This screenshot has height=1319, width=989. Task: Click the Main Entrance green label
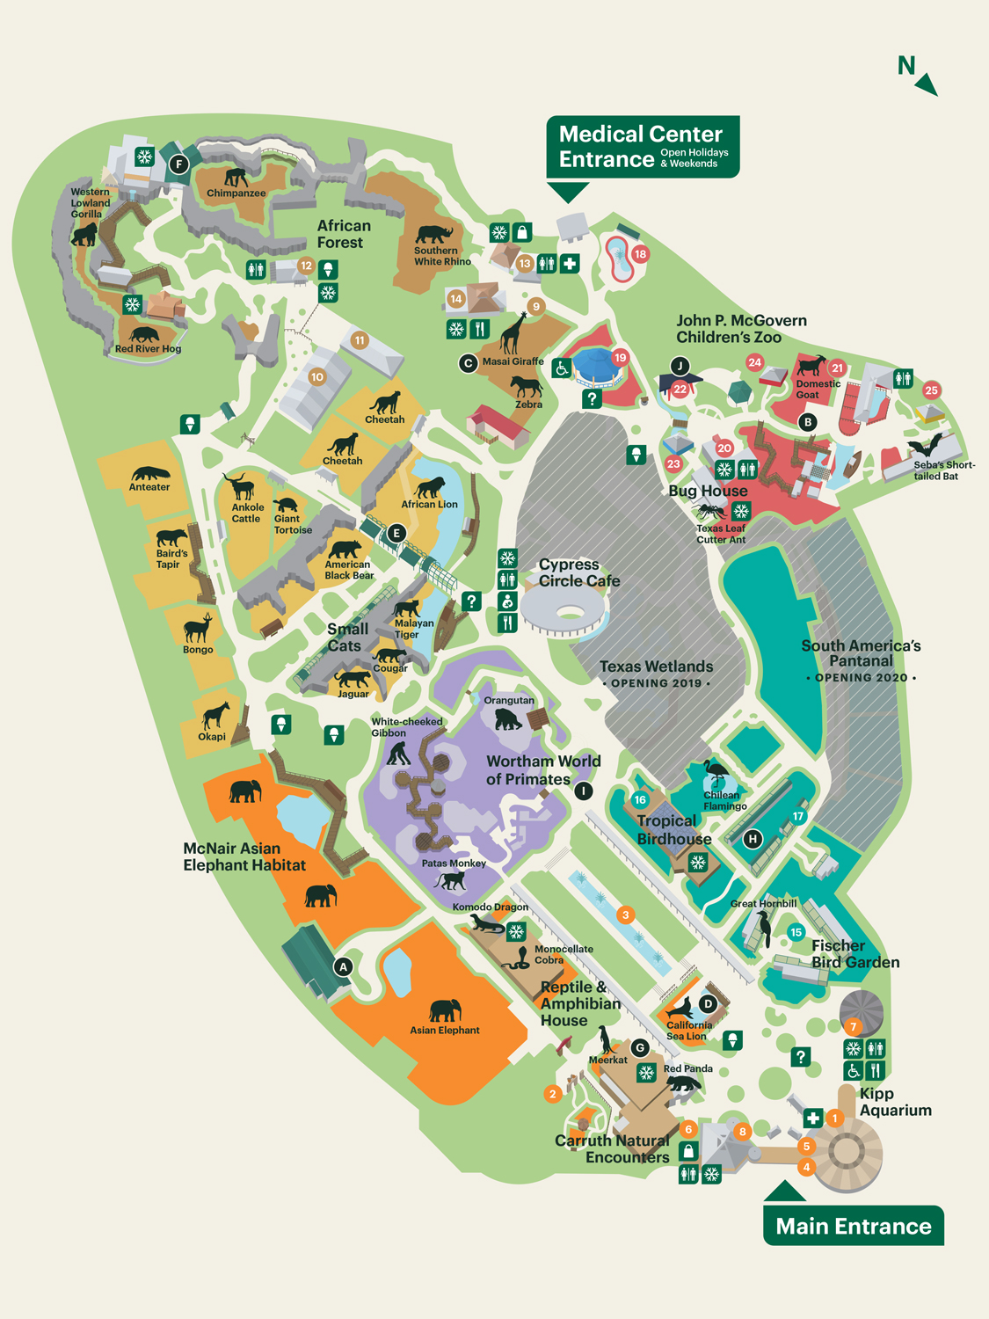pyautogui.click(x=853, y=1226)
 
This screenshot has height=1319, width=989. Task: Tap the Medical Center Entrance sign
pyautogui.click(x=643, y=147)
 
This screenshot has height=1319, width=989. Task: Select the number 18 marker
pyautogui.click(x=640, y=254)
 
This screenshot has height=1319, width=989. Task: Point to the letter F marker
pyautogui.click(x=179, y=164)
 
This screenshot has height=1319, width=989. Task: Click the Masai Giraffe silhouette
pyautogui.click(x=513, y=332)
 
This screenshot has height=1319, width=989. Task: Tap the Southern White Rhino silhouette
pyautogui.click(x=433, y=234)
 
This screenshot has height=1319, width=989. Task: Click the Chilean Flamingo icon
pyautogui.click(x=716, y=774)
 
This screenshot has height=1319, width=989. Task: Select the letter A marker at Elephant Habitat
pyautogui.click(x=344, y=966)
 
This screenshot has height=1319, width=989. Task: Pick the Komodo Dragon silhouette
pyautogui.click(x=486, y=924)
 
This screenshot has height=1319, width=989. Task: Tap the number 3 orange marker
pyautogui.click(x=625, y=915)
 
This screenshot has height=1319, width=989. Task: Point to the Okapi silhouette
pyautogui.click(x=214, y=715)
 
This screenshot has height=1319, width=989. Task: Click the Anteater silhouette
pyautogui.click(x=149, y=473)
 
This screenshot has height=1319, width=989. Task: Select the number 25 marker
pyautogui.click(x=931, y=390)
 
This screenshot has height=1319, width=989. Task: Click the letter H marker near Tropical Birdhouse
pyautogui.click(x=753, y=839)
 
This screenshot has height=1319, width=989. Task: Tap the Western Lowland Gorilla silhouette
pyautogui.click(x=84, y=235)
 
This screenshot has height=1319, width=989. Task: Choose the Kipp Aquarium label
pyautogui.click(x=895, y=1102)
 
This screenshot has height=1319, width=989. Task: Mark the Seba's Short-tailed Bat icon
pyautogui.click(x=926, y=444)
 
